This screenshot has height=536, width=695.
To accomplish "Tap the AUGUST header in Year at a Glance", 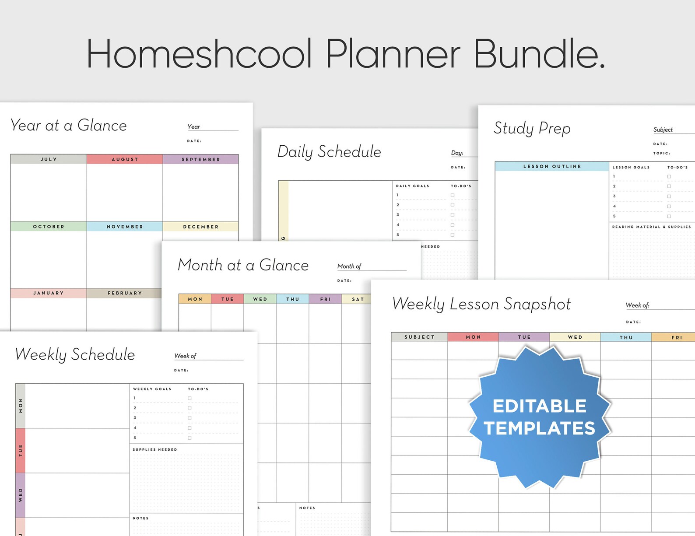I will pyautogui.click(x=125, y=159).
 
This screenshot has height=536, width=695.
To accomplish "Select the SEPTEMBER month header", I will pyautogui.click(x=201, y=159).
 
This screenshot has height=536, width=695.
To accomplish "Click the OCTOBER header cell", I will pyautogui.click(x=49, y=227).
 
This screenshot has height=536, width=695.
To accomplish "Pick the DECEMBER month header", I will pyautogui.click(x=201, y=227).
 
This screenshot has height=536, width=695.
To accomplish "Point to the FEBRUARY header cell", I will pyautogui.click(x=125, y=293).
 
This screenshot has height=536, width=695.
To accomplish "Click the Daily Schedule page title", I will pyautogui.click(x=329, y=152).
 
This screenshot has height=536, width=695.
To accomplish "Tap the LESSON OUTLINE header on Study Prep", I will pyautogui.click(x=552, y=166).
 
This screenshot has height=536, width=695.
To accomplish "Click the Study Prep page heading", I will pyautogui.click(x=532, y=128).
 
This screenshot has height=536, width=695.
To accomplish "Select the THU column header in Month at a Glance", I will pyautogui.click(x=293, y=299).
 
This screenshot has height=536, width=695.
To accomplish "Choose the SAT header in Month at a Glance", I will pyautogui.click(x=358, y=299).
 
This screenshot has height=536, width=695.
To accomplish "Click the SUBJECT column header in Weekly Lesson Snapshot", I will pyautogui.click(x=419, y=337).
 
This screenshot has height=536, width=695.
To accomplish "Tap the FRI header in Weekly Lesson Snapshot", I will pyautogui.click(x=677, y=337).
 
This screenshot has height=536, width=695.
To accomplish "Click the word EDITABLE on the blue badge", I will pyautogui.click(x=539, y=406).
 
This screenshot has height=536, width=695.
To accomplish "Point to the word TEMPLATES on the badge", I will pyautogui.click(x=539, y=428).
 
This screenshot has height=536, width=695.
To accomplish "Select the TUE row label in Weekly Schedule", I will pyautogui.click(x=21, y=451).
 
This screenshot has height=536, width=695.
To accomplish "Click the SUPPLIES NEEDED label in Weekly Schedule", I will pyautogui.click(x=155, y=449).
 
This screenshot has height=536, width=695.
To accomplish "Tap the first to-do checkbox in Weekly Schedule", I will pyautogui.click(x=190, y=398).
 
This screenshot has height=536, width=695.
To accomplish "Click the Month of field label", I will pyautogui.click(x=349, y=266).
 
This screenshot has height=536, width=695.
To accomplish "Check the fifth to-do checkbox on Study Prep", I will pyautogui.click(x=669, y=216).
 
